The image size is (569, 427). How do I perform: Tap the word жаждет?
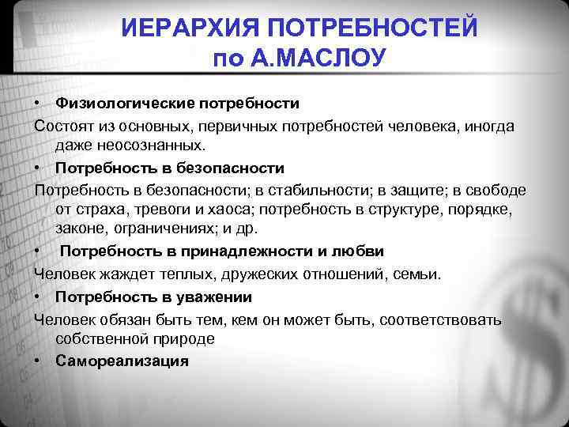121,274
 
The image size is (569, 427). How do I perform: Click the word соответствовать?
454,319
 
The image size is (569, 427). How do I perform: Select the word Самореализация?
122,361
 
